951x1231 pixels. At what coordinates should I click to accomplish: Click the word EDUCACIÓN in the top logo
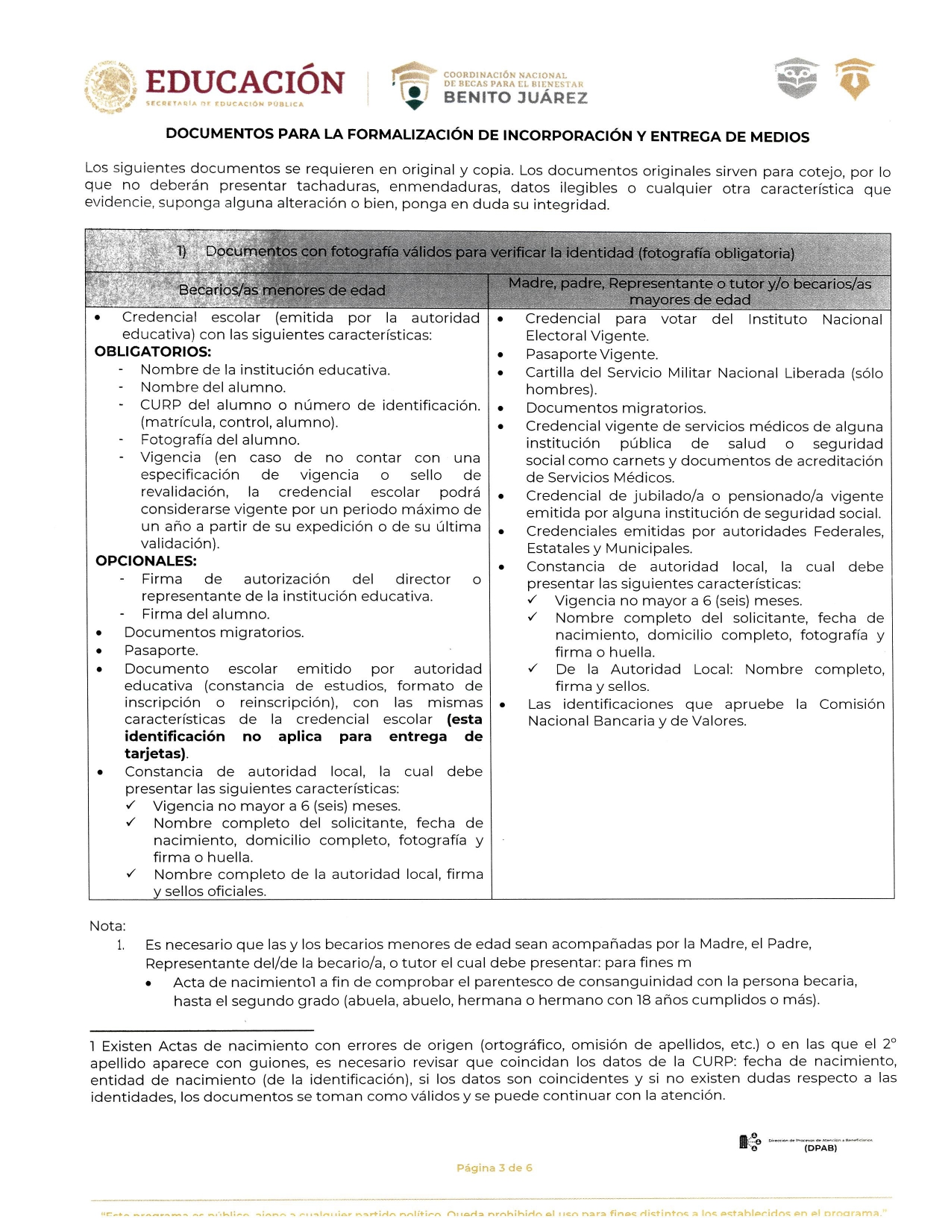(245, 82)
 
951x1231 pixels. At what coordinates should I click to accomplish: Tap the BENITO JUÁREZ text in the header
(515, 98)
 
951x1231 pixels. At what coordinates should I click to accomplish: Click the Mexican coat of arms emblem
(110, 87)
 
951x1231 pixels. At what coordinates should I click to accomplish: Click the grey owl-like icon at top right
(797, 78)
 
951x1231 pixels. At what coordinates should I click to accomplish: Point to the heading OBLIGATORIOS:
(153, 351)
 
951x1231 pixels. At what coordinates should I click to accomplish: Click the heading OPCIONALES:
(146, 561)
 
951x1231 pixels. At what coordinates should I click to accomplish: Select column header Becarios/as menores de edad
(282, 290)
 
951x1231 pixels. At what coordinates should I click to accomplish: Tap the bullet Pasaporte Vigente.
(591, 354)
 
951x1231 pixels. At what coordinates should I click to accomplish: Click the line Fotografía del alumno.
(220, 440)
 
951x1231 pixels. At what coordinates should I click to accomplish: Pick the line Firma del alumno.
(206, 614)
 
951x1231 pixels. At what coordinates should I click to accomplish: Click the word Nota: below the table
(107, 926)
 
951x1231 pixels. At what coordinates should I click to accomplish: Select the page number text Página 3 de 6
(495, 1168)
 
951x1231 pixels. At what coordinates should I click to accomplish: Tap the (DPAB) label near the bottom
(820, 1148)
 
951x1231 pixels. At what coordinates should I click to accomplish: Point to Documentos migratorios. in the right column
(615, 408)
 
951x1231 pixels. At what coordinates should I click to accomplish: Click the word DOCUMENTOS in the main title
(219, 134)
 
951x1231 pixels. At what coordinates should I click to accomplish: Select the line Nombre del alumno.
(213, 387)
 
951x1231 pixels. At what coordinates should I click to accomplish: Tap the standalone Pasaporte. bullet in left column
(161, 651)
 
